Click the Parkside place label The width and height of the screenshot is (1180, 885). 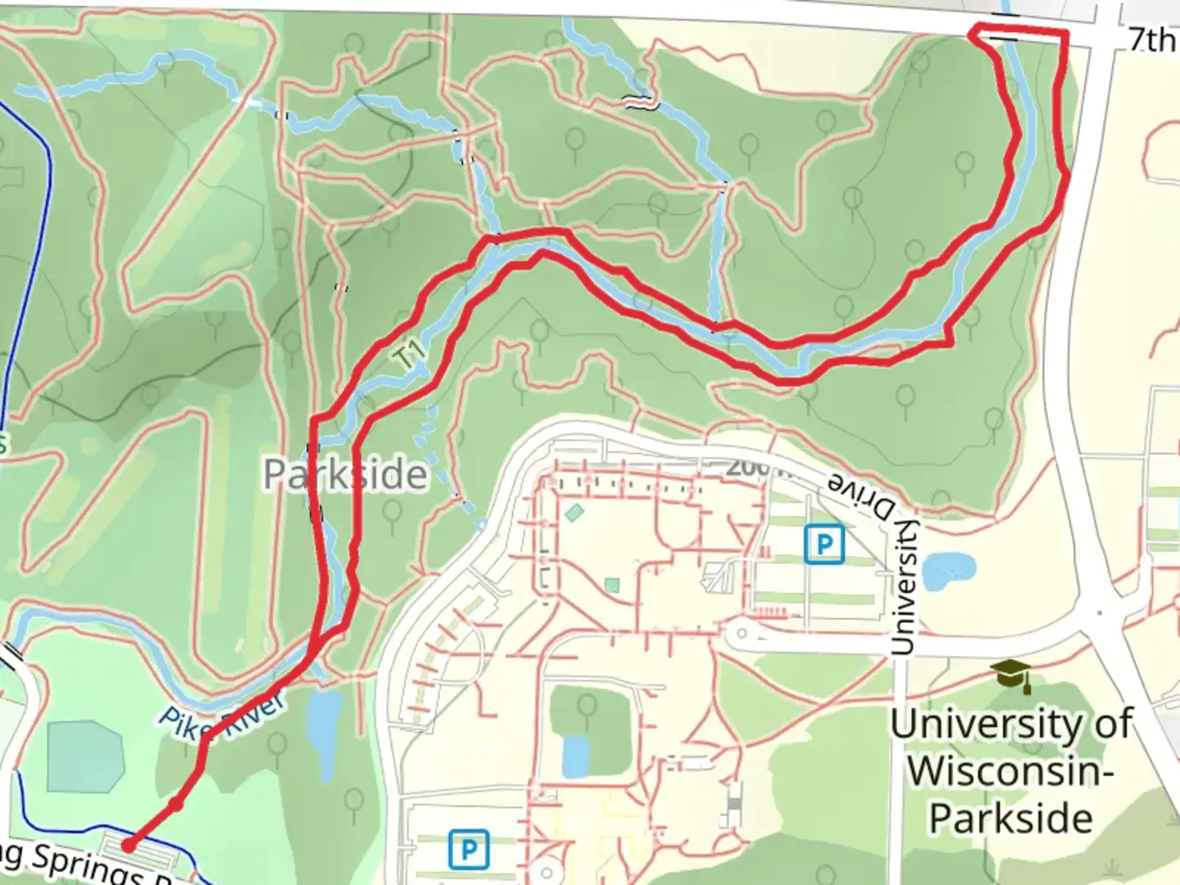click(x=345, y=474)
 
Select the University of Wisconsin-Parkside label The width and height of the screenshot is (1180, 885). click(x=1012, y=771)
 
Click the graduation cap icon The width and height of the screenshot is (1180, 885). click(x=1010, y=675)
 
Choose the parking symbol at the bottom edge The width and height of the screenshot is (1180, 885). click(x=469, y=849)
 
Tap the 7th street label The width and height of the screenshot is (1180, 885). click(x=1152, y=39)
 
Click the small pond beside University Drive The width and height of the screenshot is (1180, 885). click(x=949, y=570)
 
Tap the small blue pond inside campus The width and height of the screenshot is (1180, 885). click(x=575, y=755)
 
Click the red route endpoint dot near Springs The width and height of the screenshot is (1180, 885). click(x=128, y=844)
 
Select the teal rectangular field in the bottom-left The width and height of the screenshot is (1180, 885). click(x=84, y=756)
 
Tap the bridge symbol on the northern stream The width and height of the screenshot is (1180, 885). click(x=641, y=102)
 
